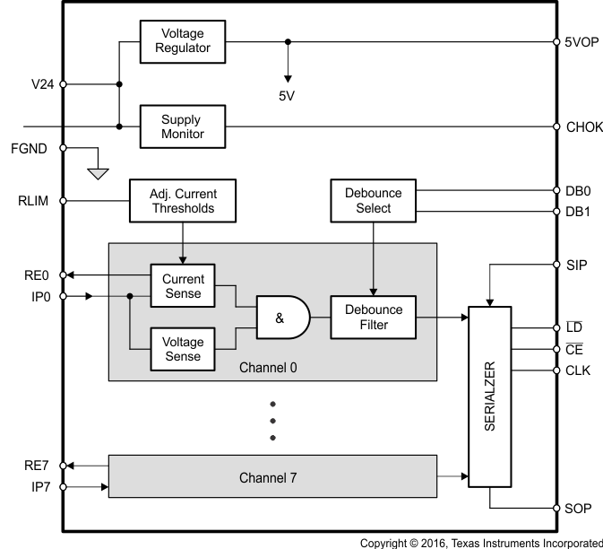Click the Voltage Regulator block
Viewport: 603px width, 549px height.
183,40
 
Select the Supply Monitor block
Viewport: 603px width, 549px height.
183,126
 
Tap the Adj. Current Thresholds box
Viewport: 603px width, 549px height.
183,201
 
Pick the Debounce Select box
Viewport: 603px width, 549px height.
374,201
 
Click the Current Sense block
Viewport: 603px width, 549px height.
183,286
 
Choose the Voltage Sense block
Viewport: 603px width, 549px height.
183,349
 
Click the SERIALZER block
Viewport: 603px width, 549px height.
490,397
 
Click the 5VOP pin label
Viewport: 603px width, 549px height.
582,41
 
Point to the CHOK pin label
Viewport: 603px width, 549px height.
584,127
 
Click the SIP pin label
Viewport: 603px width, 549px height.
576,266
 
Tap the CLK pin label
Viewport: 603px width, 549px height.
578,370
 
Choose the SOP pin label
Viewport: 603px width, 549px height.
578,509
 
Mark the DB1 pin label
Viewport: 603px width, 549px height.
577,212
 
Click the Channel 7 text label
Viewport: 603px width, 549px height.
268,478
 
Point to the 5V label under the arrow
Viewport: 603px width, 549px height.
287,96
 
